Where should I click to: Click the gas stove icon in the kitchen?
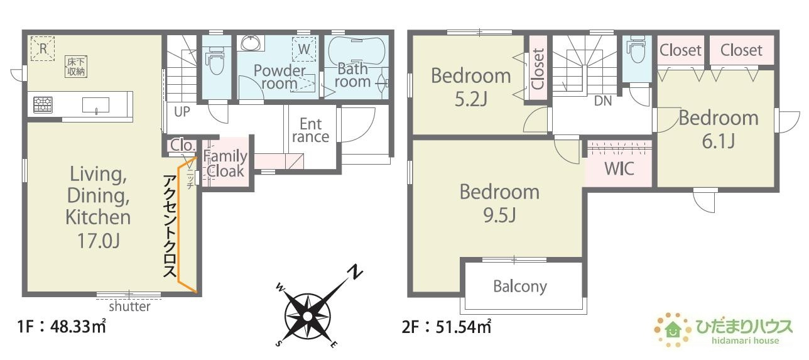43,105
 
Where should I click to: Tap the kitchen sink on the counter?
95,105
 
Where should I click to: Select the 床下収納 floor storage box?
76,67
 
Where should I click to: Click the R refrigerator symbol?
43,48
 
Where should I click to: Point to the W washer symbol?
304,49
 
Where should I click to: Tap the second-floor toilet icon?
636,50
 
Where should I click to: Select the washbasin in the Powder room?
250,43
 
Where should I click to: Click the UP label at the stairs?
182,112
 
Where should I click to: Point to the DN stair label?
603,101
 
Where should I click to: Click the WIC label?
619,168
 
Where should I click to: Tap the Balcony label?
520,286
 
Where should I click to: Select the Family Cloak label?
225,163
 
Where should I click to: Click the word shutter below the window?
129,307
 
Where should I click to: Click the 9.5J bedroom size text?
499,215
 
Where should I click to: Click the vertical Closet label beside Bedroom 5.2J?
538,68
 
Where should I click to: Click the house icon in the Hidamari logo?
673,329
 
